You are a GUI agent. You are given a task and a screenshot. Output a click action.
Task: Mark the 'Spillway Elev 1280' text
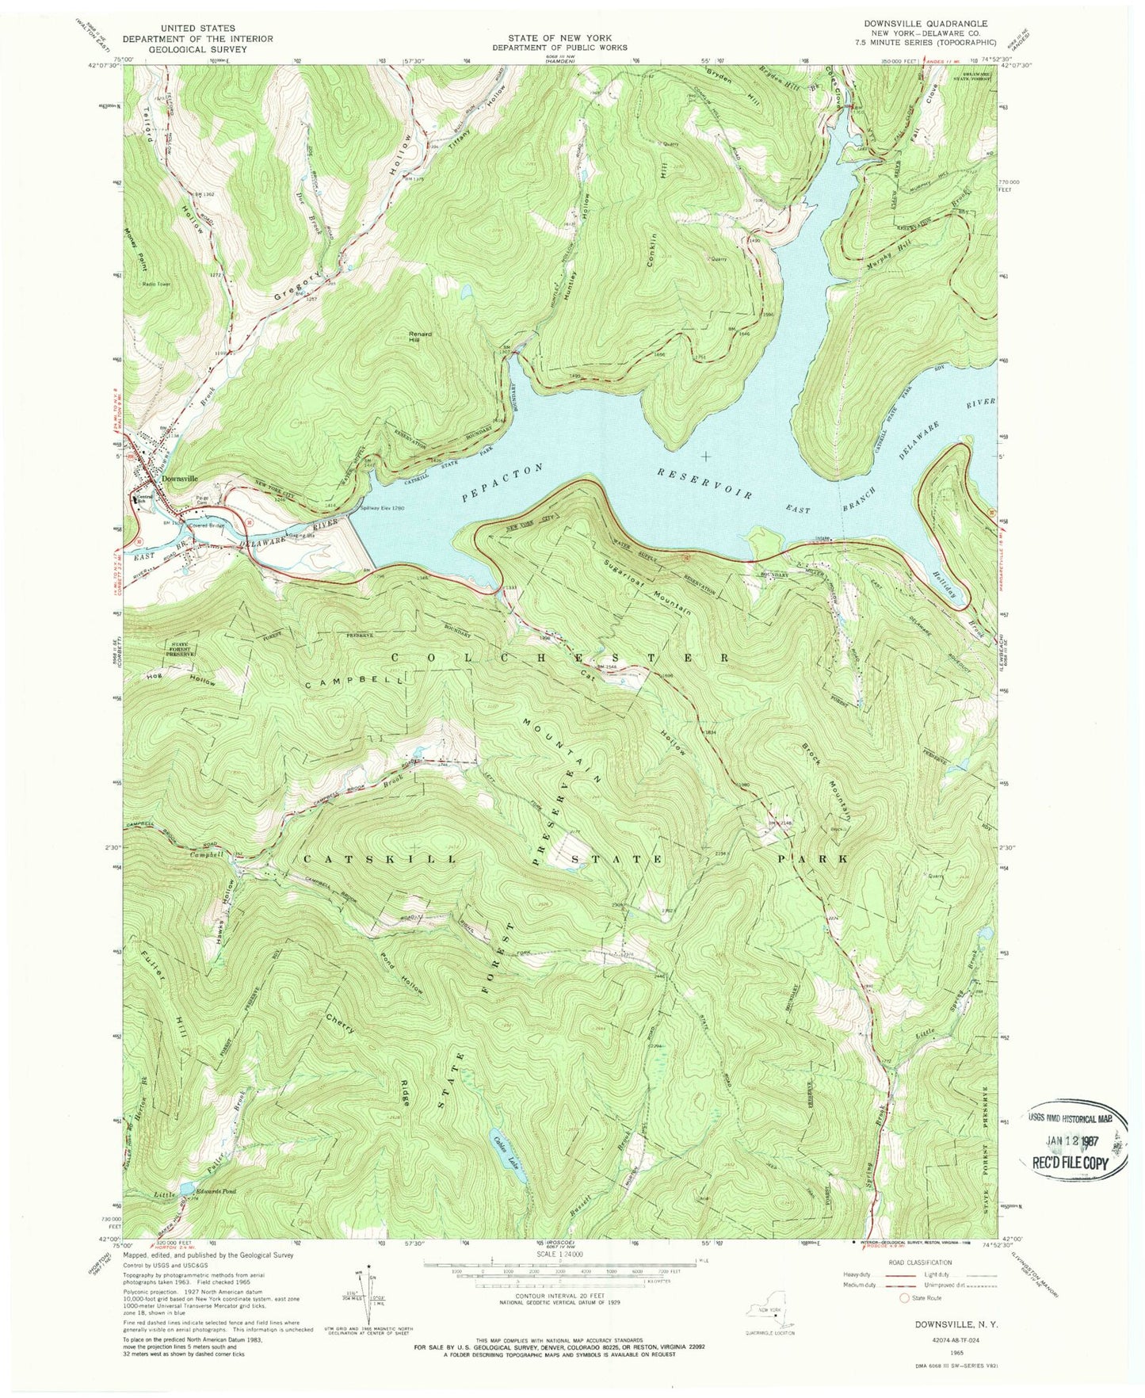tap(386, 508)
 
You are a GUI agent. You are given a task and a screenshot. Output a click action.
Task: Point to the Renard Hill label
tap(421, 334)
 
